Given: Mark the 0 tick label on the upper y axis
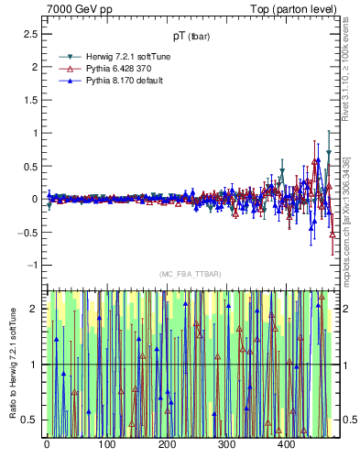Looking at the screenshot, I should point(35,199).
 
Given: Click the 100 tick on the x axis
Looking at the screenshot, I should point(106,444).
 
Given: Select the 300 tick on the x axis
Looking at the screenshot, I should point(226,444).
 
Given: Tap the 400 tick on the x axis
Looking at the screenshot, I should point(287,444).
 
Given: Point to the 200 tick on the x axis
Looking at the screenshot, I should point(167,444).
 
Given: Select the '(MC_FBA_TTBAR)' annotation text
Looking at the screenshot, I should point(190,274).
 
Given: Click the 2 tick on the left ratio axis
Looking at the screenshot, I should point(35,310).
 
